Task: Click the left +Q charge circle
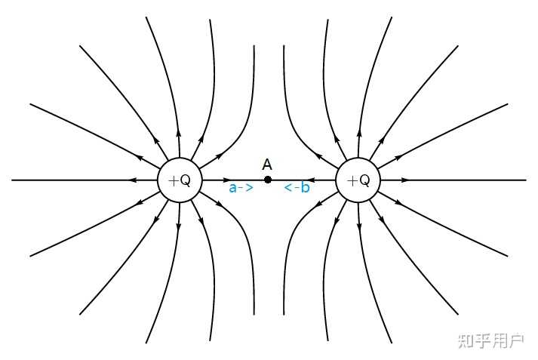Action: [179, 180]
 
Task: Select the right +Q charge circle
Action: [358, 180]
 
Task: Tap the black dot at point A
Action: [268, 180]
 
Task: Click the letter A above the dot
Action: [267, 164]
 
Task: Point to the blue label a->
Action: [241, 189]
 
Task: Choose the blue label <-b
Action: [297, 188]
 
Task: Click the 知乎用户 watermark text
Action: [490, 341]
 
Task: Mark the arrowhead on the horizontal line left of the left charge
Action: [133, 180]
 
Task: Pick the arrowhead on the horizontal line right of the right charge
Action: [404, 180]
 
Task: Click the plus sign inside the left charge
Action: [172, 180]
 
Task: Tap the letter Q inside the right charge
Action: [364, 180]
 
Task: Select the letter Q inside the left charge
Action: [185, 180]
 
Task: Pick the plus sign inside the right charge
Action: [351, 180]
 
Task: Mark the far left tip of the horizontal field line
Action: [13, 180]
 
